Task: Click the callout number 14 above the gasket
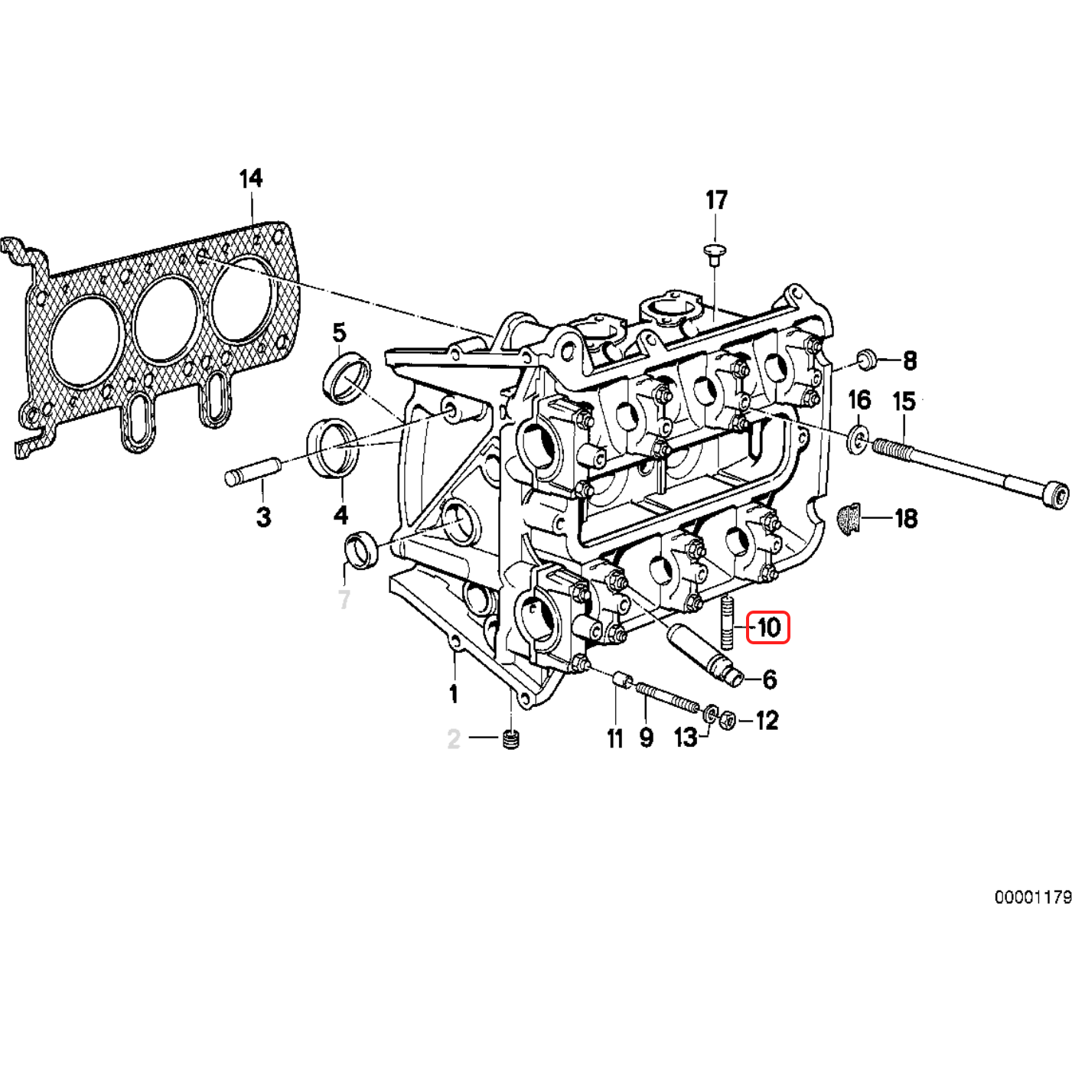click(x=251, y=178)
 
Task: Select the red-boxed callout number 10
click(x=767, y=627)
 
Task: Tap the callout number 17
click(x=716, y=200)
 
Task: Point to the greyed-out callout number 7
click(x=344, y=600)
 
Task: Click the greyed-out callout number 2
click(x=454, y=739)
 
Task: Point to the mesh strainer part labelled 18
click(x=849, y=519)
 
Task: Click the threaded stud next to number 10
click(x=727, y=623)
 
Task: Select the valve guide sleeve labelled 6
click(x=705, y=655)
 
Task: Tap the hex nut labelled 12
click(x=728, y=722)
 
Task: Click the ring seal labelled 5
click(x=347, y=376)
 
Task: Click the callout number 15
click(x=904, y=401)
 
